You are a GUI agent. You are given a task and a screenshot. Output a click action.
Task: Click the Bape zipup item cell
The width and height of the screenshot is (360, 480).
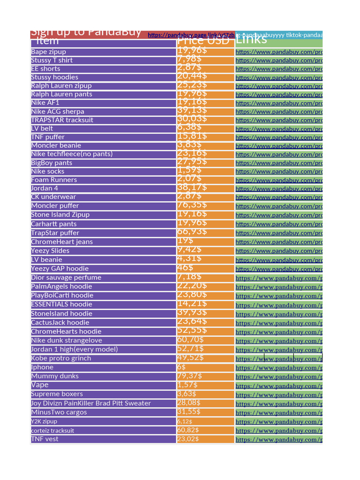(x=49, y=52)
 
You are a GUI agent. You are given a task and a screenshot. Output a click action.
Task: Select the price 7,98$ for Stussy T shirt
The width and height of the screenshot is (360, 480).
(x=190, y=60)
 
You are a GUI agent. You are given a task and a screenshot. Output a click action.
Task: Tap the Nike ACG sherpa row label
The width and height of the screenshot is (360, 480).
(x=58, y=112)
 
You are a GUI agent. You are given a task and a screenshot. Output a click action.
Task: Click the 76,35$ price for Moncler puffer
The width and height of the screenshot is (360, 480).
(x=192, y=205)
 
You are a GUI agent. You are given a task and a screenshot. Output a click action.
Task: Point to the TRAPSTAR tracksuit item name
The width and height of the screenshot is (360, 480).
(x=62, y=120)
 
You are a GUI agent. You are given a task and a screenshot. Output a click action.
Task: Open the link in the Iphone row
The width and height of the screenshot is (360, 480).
(x=278, y=367)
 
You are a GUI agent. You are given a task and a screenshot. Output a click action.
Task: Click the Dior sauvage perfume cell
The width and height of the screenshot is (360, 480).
(x=66, y=277)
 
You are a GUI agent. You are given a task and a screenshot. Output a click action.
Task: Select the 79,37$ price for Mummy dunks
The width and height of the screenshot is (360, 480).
(x=190, y=376)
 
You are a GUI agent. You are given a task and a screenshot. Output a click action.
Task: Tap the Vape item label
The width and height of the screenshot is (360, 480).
(x=40, y=385)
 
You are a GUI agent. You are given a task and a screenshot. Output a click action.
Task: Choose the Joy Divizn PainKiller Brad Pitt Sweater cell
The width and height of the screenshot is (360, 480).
(x=91, y=403)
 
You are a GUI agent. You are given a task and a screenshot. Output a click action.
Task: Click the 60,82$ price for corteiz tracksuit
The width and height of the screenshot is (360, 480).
(x=188, y=430)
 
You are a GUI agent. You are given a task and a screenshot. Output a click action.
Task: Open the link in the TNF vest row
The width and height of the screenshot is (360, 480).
(x=278, y=440)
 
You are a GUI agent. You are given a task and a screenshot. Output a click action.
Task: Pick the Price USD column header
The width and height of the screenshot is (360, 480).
(x=203, y=41)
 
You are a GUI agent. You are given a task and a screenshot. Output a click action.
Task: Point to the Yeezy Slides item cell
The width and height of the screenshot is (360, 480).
(x=50, y=251)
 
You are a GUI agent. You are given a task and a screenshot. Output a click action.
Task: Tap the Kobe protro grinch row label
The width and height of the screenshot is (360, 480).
(x=61, y=358)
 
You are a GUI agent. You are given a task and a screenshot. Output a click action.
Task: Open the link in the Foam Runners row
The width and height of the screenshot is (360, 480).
(x=278, y=180)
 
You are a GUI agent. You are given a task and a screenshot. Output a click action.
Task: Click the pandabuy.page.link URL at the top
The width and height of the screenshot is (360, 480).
(x=191, y=35)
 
